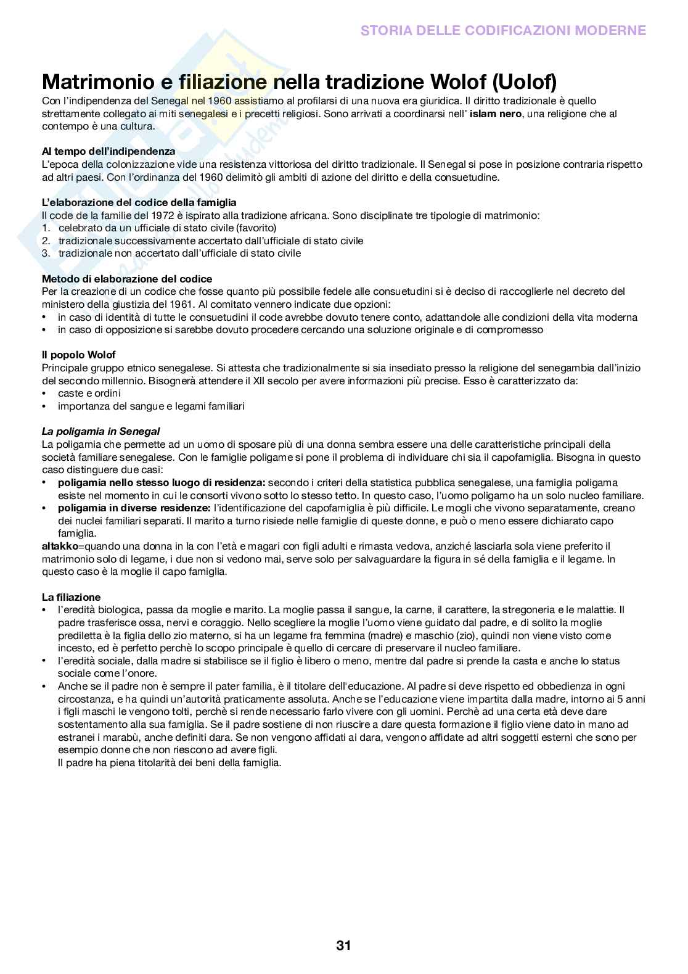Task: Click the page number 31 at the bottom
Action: coord(343,945)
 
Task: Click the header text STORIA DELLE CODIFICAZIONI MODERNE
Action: coord(503,30)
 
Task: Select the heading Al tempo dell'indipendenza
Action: coord(109,151)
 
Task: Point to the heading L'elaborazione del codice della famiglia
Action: coord(139,202)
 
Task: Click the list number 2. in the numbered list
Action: coord(46,241)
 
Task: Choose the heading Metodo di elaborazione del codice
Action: coord(127,279)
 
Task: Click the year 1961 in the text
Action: coord(182,304)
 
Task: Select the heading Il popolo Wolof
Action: coord(78,355)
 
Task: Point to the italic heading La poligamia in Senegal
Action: coord(100,431)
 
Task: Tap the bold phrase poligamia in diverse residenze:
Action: coord(134,508)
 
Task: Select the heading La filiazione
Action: coord(71,597)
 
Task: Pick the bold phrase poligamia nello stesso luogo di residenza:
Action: coord(162,482)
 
